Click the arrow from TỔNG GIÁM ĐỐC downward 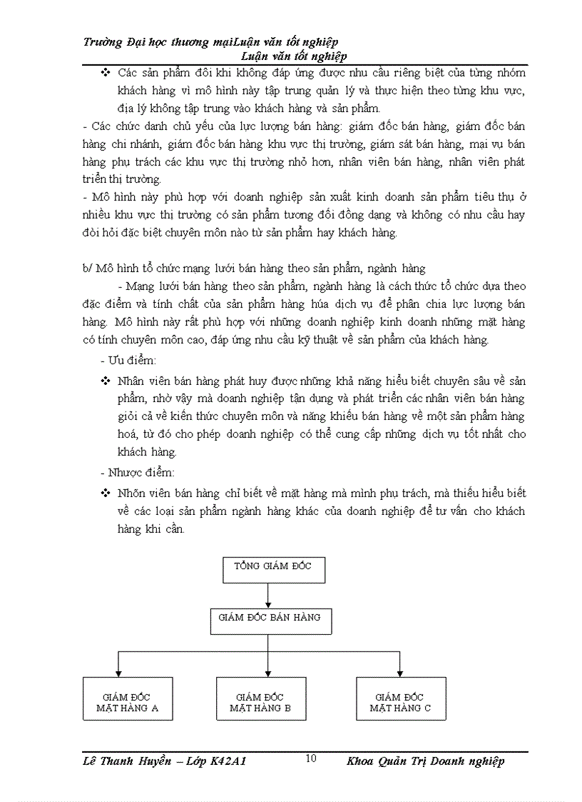[267, 593]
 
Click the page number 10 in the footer [311, 758]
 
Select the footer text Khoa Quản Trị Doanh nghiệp [425, 761]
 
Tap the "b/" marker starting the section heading [88, 269]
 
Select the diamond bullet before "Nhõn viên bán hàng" [106, 493]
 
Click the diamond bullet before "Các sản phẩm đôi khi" [106, 73]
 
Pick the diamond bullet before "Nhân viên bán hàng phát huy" [106, 381]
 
